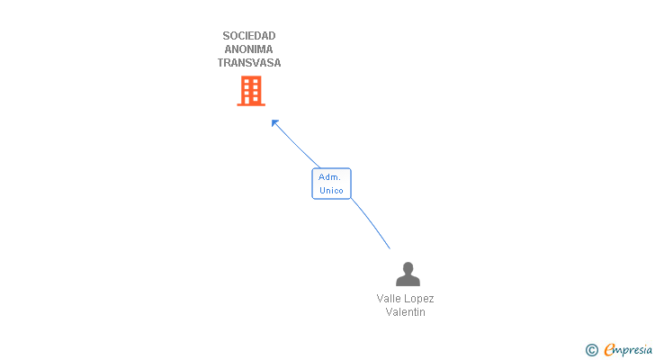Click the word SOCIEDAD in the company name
pos(249,36)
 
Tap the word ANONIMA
pos(249,49)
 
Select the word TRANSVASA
pos(249,63)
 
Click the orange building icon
pos(251,91)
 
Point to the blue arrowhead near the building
pos(275,122)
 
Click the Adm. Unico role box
pos(331,184)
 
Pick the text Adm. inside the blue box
pos(329,177)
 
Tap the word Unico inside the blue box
pos(331,191)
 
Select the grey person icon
pos(408,274)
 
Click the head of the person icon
pos(408,267)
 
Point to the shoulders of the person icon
pos(408,281)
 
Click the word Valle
pos(390,299)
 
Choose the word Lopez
pos(419,299)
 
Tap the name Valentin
pos(405,312)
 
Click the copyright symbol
pos(591,349)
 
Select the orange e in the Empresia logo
pos(609,349)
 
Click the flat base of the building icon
pos(251,104)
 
